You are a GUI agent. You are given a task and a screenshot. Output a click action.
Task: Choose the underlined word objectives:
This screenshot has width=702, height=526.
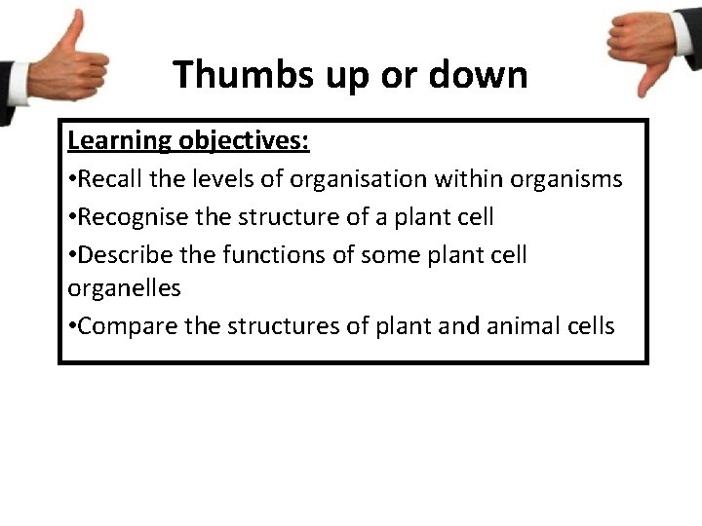tap(243, 142)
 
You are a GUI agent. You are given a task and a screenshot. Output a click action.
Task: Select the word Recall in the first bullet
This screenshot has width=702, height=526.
tap(110, 179)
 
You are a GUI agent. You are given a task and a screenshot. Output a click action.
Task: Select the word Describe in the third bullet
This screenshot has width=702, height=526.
tap(122, 254)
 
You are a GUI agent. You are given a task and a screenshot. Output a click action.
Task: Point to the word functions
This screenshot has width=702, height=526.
tap(265, 254)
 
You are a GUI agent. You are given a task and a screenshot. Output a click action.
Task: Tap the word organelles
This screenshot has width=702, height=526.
tap(124, 289)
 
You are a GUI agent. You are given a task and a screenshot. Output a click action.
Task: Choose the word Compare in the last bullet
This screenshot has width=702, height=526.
tap(128, 326)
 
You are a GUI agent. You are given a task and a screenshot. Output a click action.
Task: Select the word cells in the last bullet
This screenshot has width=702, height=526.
tap(588, 326)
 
